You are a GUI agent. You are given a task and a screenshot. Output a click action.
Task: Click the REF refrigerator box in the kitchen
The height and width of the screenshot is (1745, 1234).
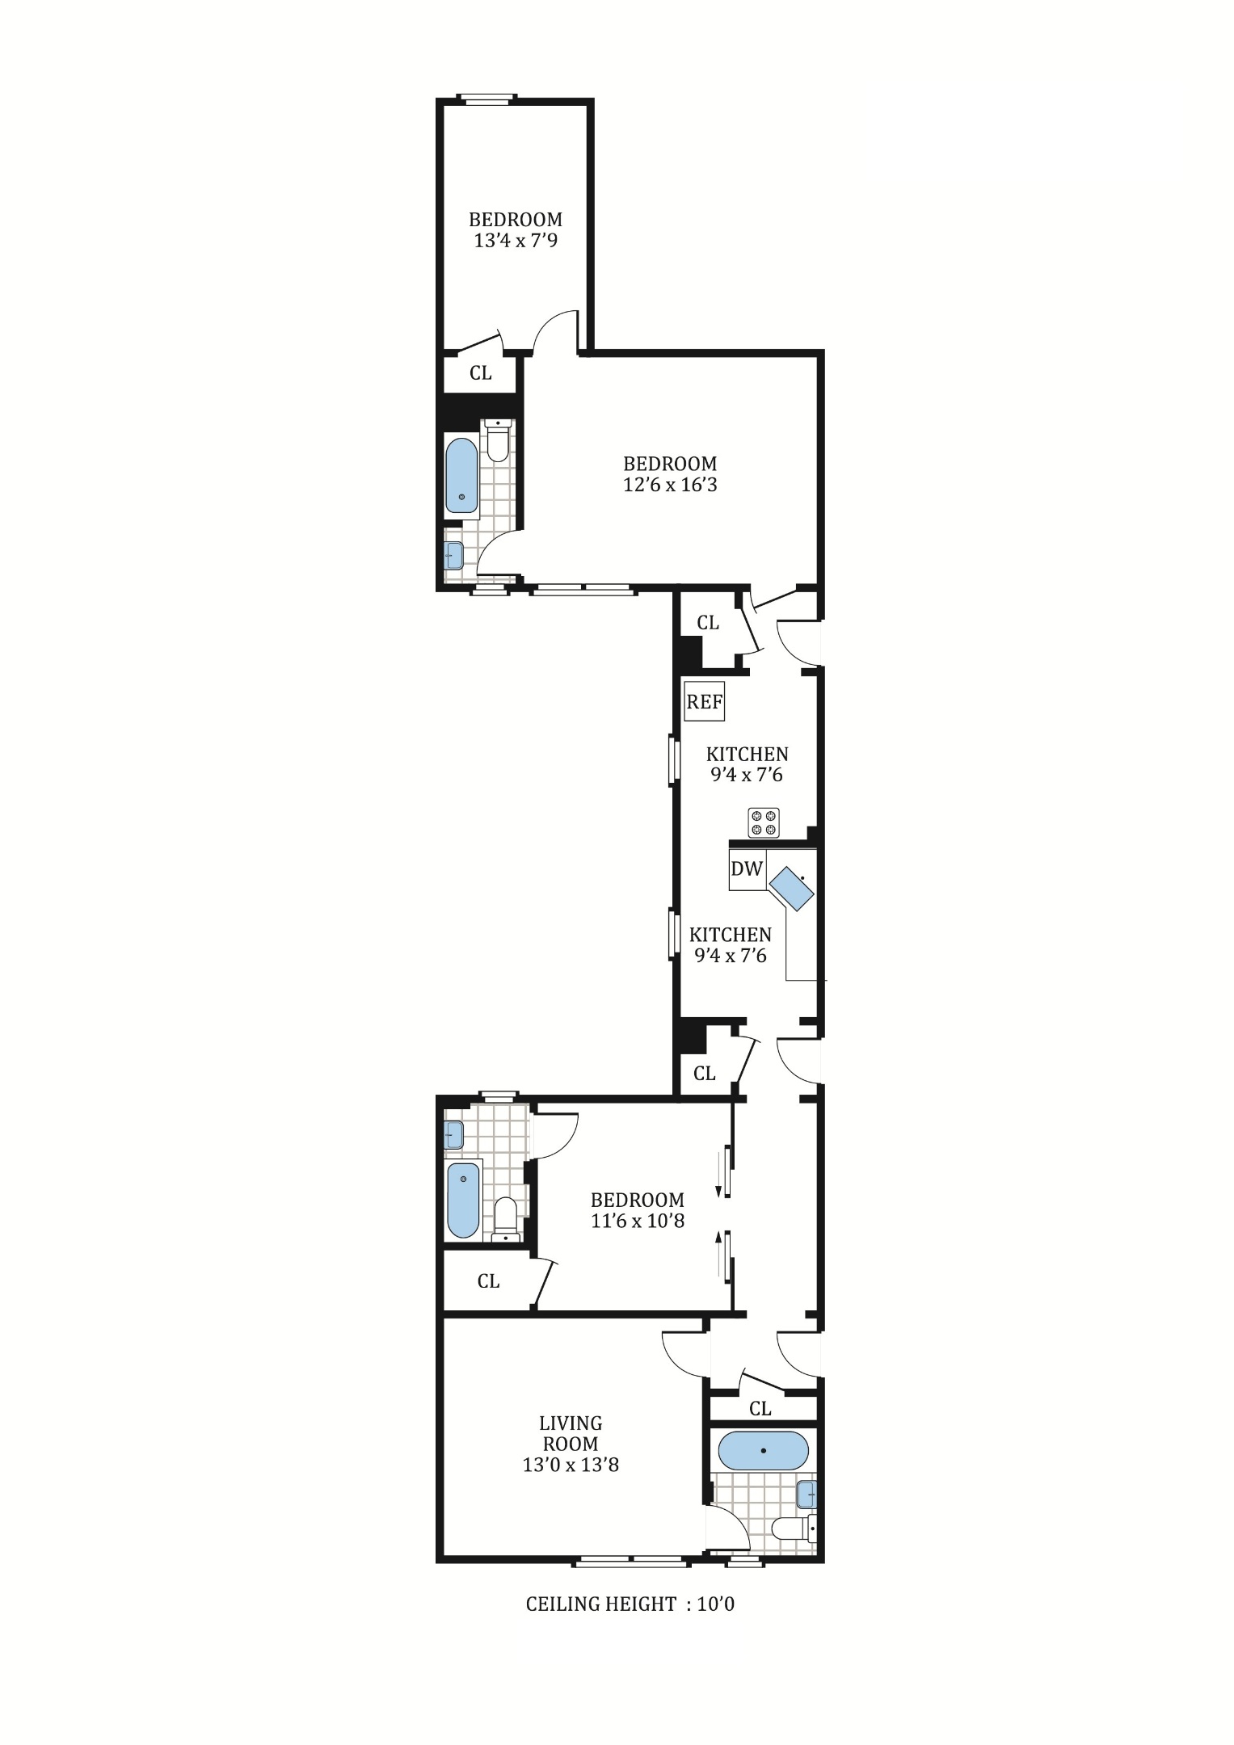704,701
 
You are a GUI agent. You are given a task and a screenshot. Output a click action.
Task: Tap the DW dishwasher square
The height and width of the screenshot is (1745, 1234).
747,869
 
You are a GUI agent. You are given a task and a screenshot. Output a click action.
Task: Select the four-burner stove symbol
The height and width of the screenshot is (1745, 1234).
764,822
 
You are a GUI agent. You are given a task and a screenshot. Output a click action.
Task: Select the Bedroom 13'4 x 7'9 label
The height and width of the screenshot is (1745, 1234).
516,229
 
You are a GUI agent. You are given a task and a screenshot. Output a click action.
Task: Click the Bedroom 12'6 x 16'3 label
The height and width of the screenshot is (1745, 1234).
669,474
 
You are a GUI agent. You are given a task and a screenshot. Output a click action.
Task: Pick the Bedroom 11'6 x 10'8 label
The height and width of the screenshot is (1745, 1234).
637,1210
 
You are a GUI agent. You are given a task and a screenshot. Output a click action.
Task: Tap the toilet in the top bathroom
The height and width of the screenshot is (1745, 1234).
498,442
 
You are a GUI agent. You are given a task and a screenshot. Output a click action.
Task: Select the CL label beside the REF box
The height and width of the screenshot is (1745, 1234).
708,623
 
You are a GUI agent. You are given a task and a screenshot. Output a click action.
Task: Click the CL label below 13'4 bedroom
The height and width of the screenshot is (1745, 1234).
481,373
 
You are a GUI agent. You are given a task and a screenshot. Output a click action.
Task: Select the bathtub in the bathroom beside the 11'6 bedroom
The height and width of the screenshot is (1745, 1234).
463,1200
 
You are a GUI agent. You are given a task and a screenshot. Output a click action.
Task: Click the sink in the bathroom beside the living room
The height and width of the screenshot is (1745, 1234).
807,1495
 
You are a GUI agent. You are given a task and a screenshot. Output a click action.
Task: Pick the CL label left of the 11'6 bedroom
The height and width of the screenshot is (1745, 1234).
488,1281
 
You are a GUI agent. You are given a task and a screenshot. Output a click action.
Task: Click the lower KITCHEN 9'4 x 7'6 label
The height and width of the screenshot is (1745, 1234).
730,945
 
